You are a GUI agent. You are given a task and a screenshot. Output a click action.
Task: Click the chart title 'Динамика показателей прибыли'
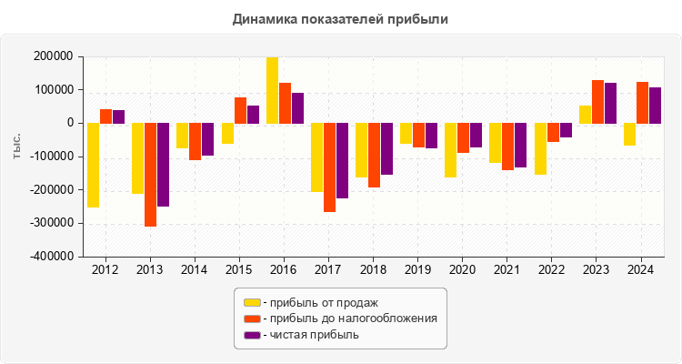coord(341,18)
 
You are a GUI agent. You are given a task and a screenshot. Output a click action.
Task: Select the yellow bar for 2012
coord(93,165)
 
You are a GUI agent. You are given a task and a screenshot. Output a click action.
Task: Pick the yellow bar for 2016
coord(272,90)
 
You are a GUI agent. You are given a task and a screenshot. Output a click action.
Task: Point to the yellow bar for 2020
coord(450,150)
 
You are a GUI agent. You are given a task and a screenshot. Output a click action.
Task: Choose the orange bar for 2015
coord(240,110)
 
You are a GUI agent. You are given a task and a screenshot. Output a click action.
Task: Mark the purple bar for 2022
coord(566,130)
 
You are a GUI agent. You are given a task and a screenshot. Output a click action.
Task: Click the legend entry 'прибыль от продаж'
coord(319,302)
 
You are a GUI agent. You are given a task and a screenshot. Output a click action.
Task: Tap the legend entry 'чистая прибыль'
coord(310,335)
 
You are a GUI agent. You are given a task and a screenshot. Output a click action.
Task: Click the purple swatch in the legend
coord(252,335)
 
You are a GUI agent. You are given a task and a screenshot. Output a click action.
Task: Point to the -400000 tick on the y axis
coord(52,257)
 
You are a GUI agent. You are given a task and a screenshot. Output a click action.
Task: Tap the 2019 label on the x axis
coord(417,270)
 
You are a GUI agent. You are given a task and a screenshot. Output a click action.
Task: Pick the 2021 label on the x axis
coord(506,270)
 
